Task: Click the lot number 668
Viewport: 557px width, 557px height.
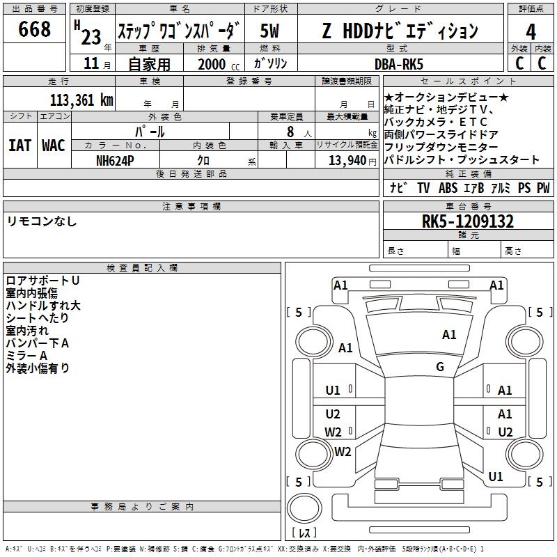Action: point(34,29)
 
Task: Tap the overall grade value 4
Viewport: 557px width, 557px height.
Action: point(531,32)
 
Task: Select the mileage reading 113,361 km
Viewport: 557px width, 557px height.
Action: point(81,100)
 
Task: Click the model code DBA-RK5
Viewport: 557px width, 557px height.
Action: point(399,64)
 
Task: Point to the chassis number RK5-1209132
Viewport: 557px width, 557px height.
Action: point(468,221)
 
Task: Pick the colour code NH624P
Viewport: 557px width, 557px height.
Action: point(115,161)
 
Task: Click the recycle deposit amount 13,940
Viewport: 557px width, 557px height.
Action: point(347,161)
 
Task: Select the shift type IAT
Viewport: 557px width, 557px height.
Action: point(19,146)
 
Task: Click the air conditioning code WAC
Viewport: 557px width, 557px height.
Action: point(54,146)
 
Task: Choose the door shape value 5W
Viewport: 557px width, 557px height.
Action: point(269,31)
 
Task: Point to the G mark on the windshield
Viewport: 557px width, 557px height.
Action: point(440,366)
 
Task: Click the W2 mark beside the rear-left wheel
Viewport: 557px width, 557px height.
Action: point(343,451)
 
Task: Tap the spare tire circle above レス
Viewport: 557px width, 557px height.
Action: point(304,508)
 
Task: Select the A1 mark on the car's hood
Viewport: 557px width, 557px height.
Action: point(449,335)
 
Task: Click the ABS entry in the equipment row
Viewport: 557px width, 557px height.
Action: point(448,188)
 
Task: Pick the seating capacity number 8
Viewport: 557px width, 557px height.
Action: point(290,132)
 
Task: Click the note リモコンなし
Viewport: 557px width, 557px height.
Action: point(42,221)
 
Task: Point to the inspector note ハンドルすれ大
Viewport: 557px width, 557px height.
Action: point(43,306)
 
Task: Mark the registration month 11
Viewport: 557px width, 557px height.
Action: point(91,63)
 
